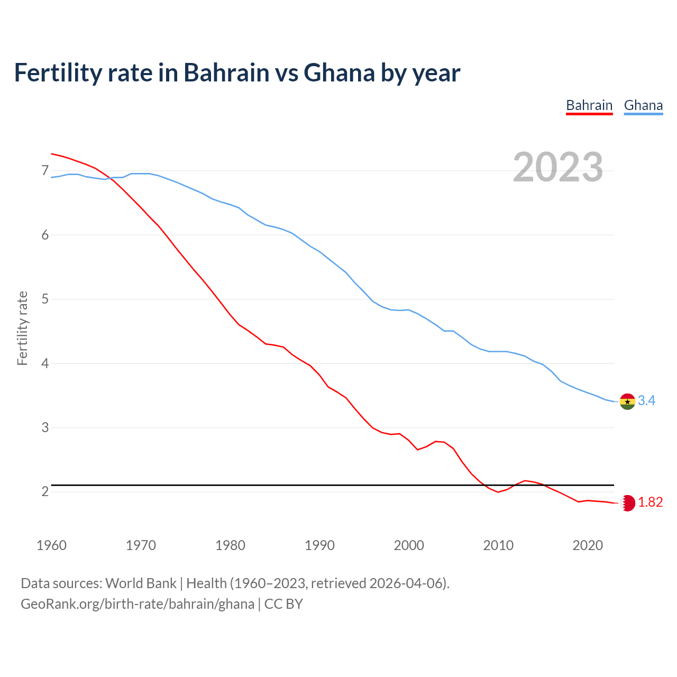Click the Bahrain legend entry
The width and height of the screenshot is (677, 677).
(589, 105)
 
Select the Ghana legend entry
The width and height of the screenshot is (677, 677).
(643, 105)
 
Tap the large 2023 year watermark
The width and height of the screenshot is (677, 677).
(558, 167)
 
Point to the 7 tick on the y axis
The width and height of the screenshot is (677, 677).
(45, 171)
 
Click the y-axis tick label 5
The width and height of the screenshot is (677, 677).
(45, 299)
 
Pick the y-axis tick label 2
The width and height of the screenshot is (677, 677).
(45, 492)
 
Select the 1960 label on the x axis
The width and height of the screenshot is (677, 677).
(51, 545)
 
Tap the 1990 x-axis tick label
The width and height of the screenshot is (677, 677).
(319, 545)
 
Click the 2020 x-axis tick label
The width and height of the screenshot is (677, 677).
(588, 545)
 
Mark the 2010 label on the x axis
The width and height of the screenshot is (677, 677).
(498, 545)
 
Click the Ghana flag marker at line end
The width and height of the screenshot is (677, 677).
(627, 401)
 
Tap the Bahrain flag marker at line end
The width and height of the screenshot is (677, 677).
(628, 503)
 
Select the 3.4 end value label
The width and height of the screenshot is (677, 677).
(646, 401)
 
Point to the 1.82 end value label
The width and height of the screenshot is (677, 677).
(650, 502)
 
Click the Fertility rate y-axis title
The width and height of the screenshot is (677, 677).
(22, 328)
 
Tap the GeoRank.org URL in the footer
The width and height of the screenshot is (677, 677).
(138, 604)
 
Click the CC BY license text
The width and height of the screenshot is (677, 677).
(283, 604)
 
